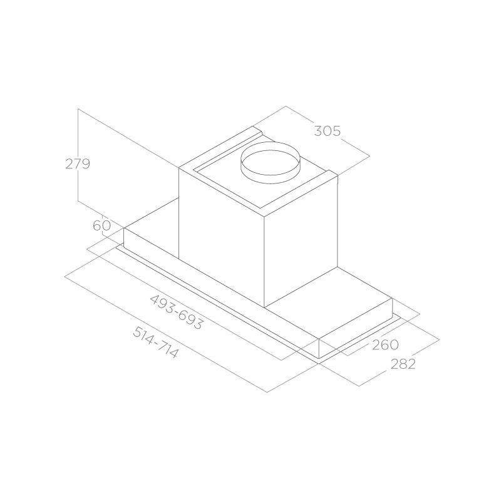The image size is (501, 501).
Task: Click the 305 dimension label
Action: tap(328, 131)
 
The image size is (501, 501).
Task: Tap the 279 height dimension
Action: tap(78, 164)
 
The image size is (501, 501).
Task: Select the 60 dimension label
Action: tap(102, 225)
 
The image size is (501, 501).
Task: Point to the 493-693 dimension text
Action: tap(176, 312)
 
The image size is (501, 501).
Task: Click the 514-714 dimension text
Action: tap(155, 342)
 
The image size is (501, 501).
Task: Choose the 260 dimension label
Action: tap(385, 344)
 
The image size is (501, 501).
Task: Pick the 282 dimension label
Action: tap(403, 364)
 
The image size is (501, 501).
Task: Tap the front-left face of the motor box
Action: tap(221, 237)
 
